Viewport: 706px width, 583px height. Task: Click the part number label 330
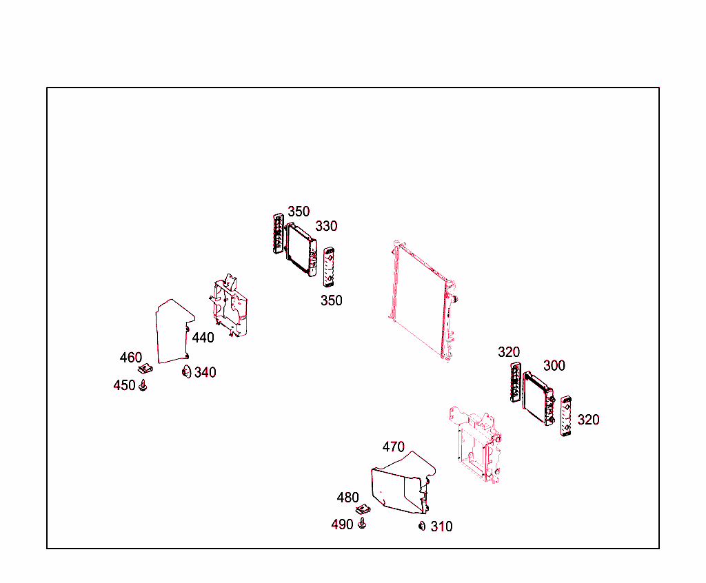(326, 226)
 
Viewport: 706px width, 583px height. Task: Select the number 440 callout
(203, 338)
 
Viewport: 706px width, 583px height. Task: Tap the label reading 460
(130, 358)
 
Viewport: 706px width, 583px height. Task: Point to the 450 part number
(124, 385)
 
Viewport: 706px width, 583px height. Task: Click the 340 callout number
(205, 373)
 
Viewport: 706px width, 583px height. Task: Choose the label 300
(554, 365)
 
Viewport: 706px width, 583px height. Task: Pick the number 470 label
(393, 447)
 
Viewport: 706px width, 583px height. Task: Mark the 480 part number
(347, 498)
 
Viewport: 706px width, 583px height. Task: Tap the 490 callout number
(342, 524)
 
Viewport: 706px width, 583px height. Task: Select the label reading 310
(441, 526)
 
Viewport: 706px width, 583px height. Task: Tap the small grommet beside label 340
(185, 373)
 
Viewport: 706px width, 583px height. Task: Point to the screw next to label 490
(362, 524)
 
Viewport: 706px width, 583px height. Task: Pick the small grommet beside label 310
(422, 526)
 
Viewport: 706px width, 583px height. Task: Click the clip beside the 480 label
(363, 509)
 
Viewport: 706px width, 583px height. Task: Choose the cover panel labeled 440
(172, 331)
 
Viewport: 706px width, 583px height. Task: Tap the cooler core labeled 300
(538, 400)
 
